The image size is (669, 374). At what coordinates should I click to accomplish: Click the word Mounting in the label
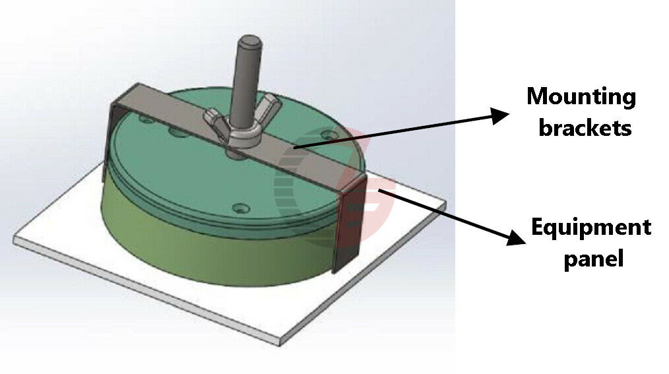click(x=581, y=98)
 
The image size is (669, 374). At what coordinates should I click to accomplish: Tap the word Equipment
click(x=591, y=228)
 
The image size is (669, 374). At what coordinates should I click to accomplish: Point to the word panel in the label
click(x=594, y=258)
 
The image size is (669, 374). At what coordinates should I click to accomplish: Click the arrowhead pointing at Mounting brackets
click(x=499, y=115)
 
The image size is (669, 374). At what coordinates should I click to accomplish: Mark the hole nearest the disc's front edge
click(x=240, y=208)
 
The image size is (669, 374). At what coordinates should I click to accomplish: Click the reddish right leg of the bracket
click(x=351, y=222)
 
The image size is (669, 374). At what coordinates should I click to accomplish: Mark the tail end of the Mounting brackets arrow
click(x=294, y=148)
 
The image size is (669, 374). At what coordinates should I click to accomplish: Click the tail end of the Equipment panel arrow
click(x=379, y=190)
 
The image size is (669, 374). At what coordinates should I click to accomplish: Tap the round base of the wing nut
click(x=244, y=138)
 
